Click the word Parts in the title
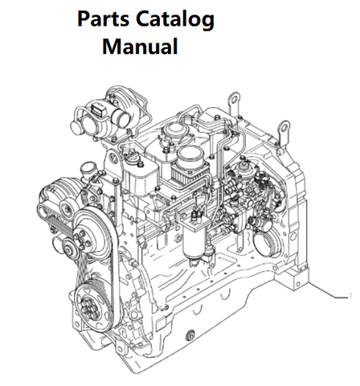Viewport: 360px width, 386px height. coord(103,18)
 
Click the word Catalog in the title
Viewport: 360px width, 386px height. coord(175,20)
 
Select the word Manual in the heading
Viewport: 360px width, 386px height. coord(140,46)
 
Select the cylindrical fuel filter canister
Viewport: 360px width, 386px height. coord(194,241)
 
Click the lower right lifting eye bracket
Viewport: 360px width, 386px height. coord(284,134)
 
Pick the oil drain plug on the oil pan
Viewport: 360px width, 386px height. coord(191,335)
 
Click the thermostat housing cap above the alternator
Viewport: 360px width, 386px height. coord(88,169)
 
